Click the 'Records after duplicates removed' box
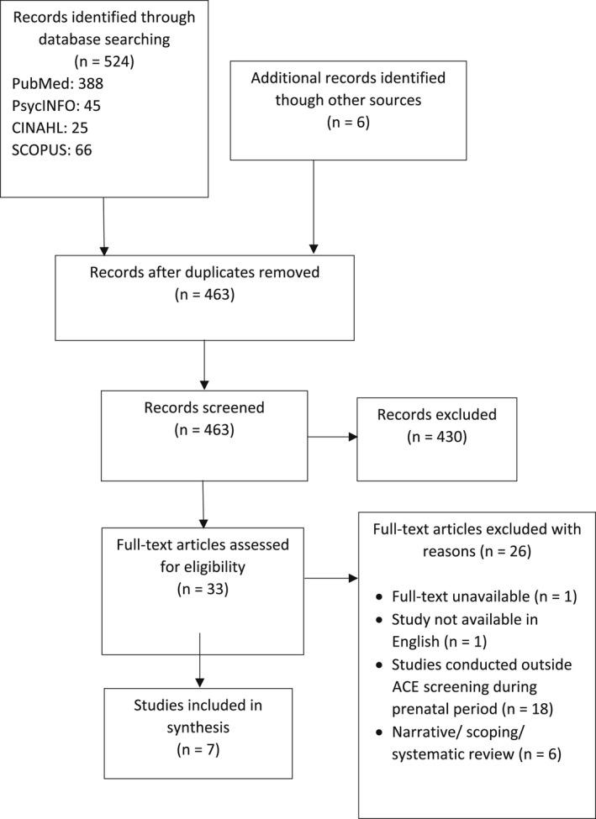204,297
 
